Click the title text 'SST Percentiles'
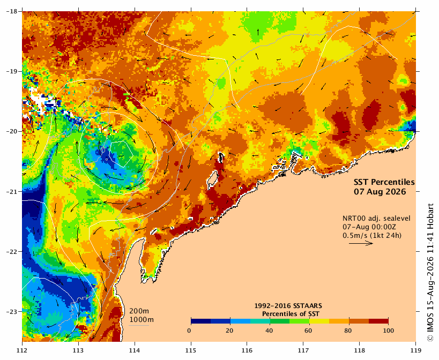coord(384,182)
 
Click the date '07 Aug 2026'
coord(380,192)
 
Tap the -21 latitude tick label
coord(12,192)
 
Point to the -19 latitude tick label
coord(12,71)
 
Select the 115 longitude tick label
coord(191,350)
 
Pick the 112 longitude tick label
coord(22,350)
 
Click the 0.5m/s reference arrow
coord(361,243)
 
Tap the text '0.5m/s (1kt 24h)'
coord(372,236)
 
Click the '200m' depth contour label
coord(139,311)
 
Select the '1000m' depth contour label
coord(142,320)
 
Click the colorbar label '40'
coord(269,331)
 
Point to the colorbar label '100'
coord(388,331)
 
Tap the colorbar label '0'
coord(190,331)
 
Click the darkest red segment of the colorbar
coord(378,321)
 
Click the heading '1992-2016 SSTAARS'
coord(288,306)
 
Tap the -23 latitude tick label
coord(12,312)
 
